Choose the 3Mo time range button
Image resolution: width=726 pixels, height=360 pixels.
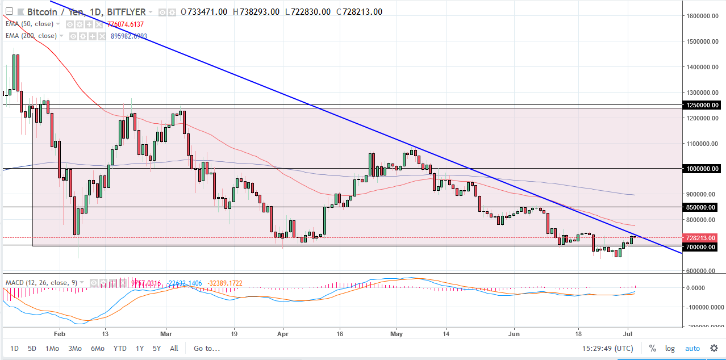coord(74,348)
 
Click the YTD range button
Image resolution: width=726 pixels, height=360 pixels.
coord(120,348)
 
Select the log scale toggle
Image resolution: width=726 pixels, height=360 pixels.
coord(670,348)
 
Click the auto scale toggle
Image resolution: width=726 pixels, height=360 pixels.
coord(692,348)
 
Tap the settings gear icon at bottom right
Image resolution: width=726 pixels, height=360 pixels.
coord(714,348)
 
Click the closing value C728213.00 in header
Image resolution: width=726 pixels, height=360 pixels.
coord(359,12)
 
